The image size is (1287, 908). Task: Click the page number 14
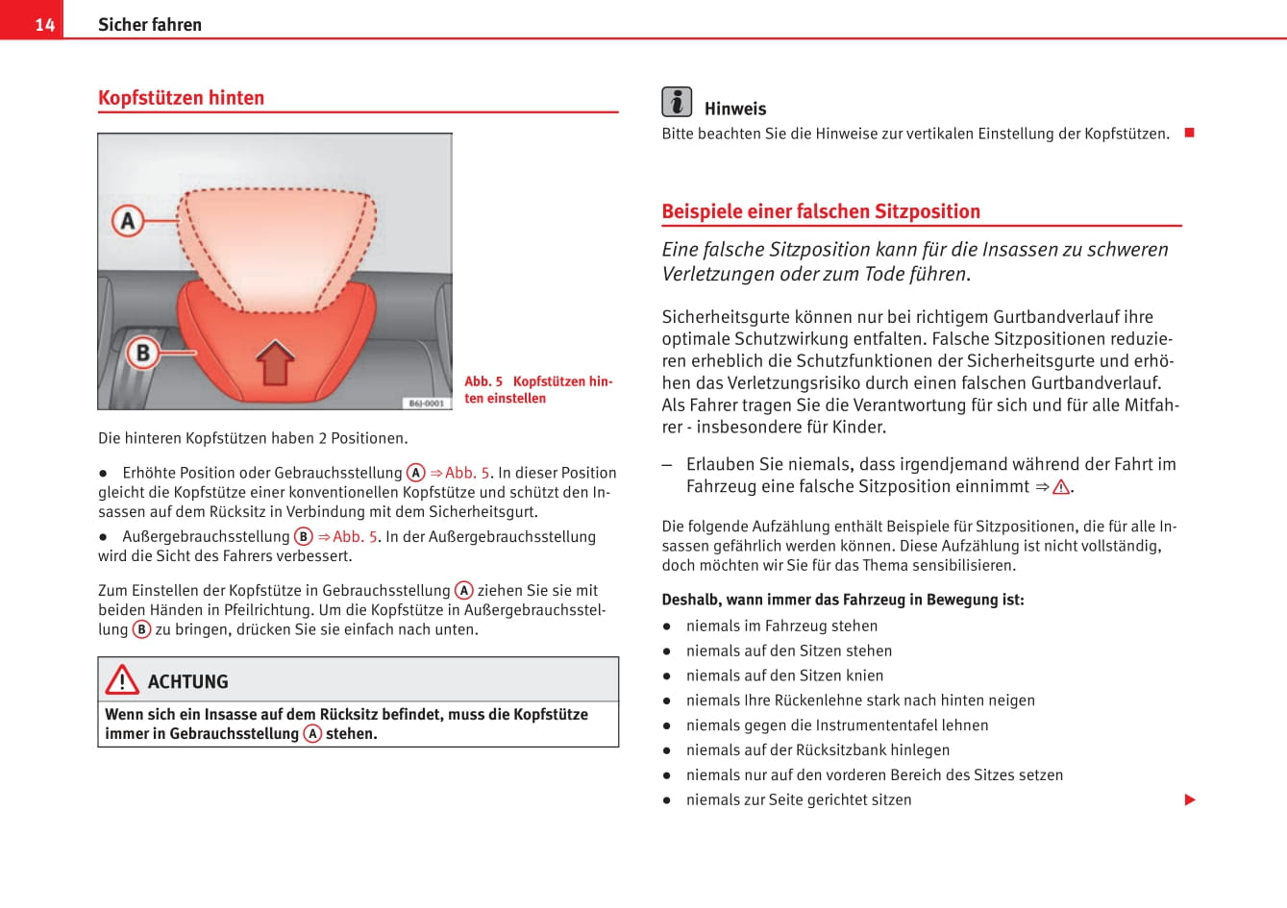click(44, 24)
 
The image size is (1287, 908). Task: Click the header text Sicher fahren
click(150, 24)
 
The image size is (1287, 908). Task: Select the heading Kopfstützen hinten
click(181, 98)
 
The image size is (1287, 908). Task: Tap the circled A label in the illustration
click(128, 221)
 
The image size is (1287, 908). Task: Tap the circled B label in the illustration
click(142, 353)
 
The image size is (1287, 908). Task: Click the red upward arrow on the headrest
click(276, 362)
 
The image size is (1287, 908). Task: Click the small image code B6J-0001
click(426, 404)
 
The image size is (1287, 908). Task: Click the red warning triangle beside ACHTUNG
click(122, 680)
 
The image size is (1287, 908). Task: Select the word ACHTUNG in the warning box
click(188, 682)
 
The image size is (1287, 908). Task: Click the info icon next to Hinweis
click(677, 102)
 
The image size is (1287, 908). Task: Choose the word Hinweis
click(735, 110)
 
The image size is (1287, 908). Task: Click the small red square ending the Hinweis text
click(1189, 133)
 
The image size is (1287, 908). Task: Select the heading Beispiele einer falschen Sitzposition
click(821, 211)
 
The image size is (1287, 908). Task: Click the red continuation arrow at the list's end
click(1190, 799)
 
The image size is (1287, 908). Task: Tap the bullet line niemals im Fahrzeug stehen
click(781, 626)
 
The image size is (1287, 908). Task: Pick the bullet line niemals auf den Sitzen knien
click(784, 675)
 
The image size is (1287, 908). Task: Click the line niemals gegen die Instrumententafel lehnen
click(836, 725)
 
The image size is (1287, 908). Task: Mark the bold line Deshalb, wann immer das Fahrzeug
click(842, 600)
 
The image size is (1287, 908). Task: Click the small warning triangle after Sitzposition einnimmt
click(1061, 487)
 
